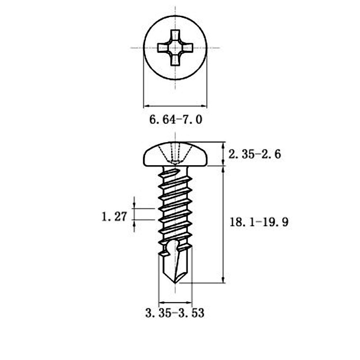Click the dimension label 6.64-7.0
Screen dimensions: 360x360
(175, 120)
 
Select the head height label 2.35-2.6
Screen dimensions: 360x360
(254, 154)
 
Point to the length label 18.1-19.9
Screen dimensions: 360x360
(258, 222)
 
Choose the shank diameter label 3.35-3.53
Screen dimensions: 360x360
(175, 313)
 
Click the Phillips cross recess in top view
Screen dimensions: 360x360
(175, 47)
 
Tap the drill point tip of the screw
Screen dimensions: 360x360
(175, 282)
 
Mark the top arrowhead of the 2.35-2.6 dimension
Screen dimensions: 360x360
(224, 145)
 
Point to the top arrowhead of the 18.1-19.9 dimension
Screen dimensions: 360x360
(224, 168)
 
